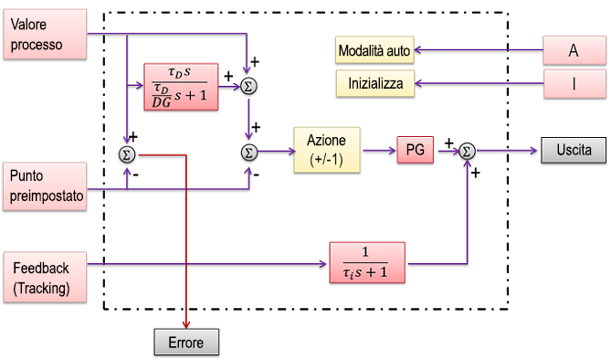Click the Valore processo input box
coord(45,37)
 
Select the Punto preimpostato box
coord(45,187)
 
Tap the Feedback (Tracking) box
coord(45,278)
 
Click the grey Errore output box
coord(186,344)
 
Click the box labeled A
coord(574,51)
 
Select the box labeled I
coord(574,85)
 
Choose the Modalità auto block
coord(374,50)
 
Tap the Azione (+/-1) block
coord(327,150)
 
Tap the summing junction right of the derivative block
coord(248,86)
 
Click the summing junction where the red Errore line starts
coord(127,154)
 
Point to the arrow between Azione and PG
coord(378,150)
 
